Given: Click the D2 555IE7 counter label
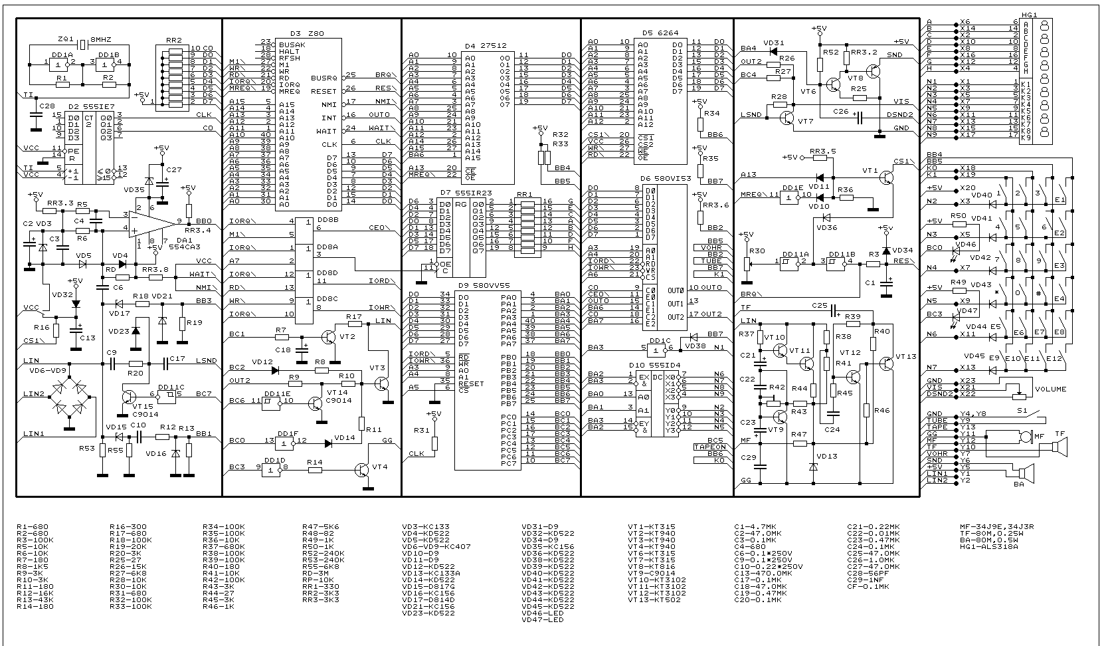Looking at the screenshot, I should [83, 106].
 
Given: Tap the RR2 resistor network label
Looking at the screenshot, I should [174, 40].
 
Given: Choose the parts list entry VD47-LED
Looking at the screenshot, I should [543, 619].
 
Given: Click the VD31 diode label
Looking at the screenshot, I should [774, 43].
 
